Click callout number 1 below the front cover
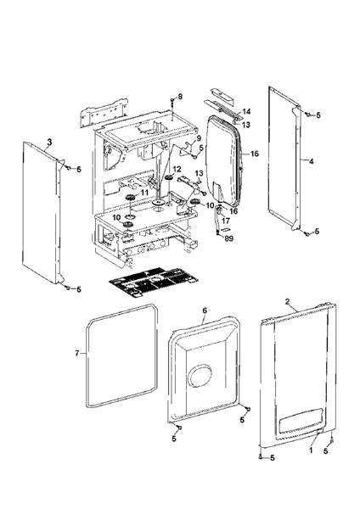tap(311, 451)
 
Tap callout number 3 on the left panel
tap(49, 141)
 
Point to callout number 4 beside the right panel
tap(311, 160)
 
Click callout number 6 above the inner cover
tap(204, 311)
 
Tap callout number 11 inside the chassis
tap(144, 193)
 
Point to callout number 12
tap(177, 170)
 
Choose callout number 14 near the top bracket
tap(247, 112)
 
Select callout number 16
tap(234, 210)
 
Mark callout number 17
tap(225, 221)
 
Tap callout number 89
tap(228, 239)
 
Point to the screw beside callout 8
tap(172, 99)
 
